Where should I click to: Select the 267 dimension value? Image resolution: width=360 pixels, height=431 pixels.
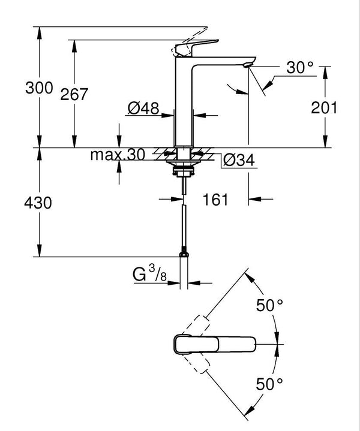pos(76,94)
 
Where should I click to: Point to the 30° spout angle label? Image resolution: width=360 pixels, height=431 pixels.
pos(300,68)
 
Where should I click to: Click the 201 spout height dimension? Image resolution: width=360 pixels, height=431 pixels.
pos(325,107)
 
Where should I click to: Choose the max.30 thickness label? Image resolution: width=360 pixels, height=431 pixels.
pos(118,155)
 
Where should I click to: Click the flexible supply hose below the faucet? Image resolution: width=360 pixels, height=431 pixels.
pos(183,222)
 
